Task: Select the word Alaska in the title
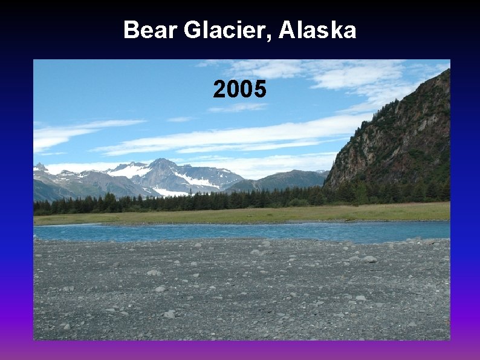click(x=317, y=30)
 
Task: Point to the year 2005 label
click(x=239, y=90)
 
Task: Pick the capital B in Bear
click(x=130, y=30)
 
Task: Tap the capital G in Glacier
click(x=193, y=30)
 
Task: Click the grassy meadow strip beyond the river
click(x=242, y=214)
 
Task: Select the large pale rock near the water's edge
click(x=368, y=259)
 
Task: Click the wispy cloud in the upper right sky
click(x=363, y=76)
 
